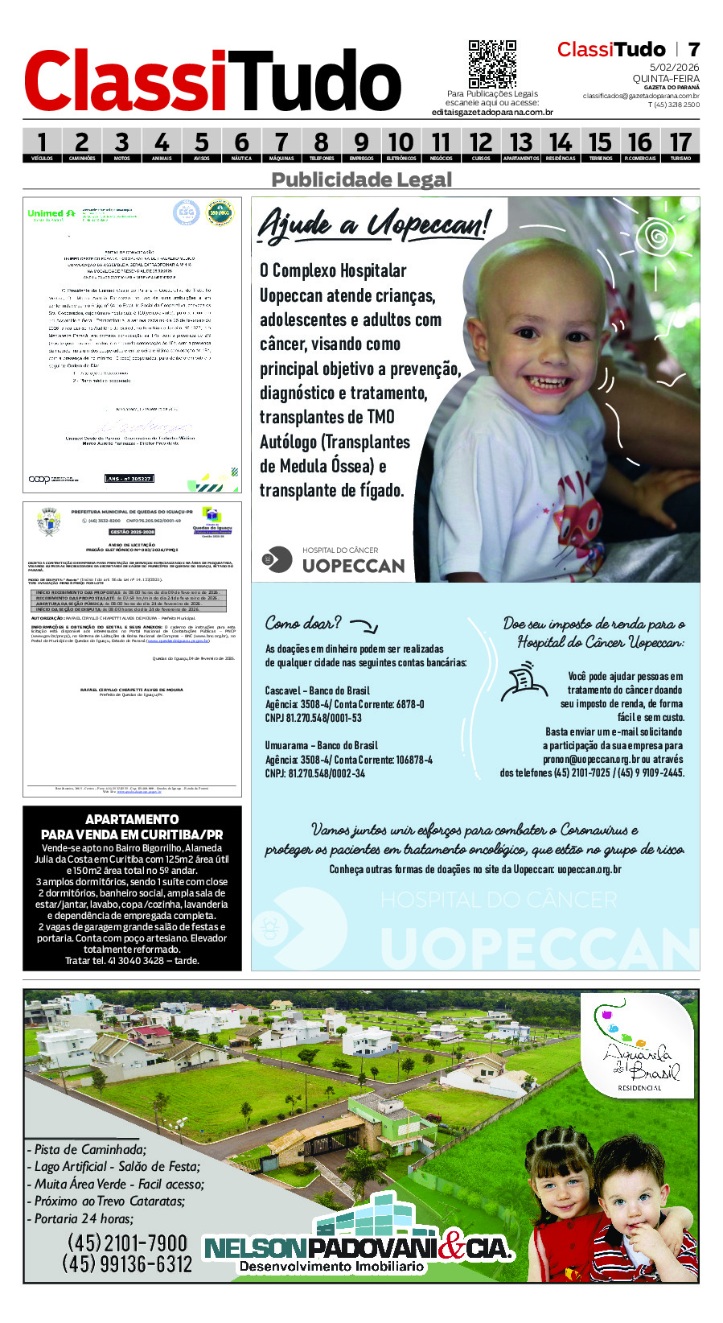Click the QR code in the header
[x=492, y=64]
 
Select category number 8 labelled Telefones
[x=322, y=146]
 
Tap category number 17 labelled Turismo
[x=680, y=146]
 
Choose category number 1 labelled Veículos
[x=42, y=146]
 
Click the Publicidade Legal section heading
[x=361, y=179]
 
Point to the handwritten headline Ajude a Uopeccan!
[x=373, y=225]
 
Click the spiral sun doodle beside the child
[x=657, y=236]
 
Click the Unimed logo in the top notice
[x=51, y=215]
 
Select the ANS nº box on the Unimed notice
[x=129, y=479]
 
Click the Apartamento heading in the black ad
[x=132, y=819]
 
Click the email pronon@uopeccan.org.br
[x=591, y=759]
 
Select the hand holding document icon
[x=524, y=682]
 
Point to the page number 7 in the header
[x=692, y=50]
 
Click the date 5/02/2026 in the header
[x=674, y=68]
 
